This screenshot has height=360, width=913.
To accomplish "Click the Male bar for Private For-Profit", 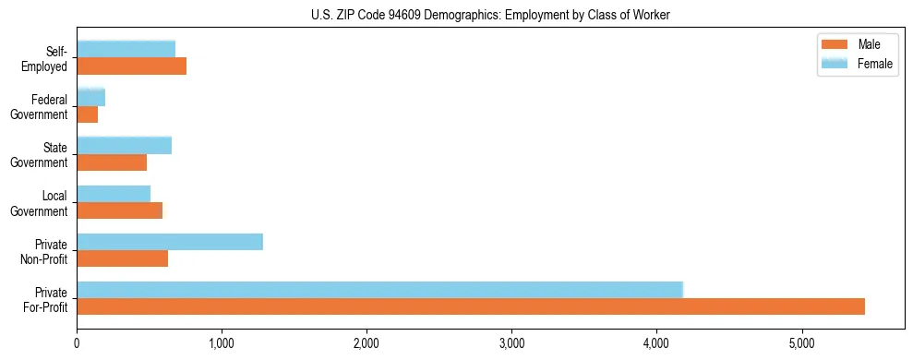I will pos(471,306).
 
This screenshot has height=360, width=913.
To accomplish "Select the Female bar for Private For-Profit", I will pos(379,290).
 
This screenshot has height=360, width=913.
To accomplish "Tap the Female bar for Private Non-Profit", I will pos(170,242).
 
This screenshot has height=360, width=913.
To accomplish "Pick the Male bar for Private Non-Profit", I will pos(123,258).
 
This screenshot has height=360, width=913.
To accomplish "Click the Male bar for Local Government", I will pos(120,210).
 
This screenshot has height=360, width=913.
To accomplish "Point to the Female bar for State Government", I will pos(125,145).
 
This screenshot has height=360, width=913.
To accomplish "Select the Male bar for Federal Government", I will pos(88,114).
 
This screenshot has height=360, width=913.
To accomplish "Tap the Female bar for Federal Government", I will pos(91,97).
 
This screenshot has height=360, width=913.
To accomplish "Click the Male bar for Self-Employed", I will pos(132,66).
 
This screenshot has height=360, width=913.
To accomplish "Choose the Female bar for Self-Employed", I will pos(126,49).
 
